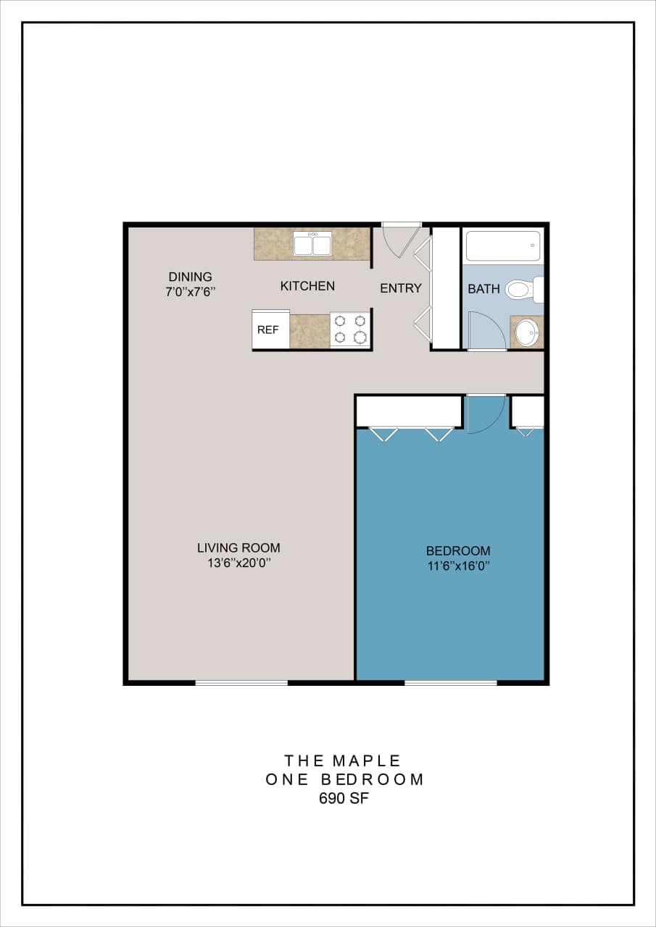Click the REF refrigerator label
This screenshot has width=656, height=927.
(268, 330)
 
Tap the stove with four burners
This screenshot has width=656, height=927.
(350, 330)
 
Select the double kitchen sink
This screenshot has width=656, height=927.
(312, 244)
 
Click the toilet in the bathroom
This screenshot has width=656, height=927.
(520, 290)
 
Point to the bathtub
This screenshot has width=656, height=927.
(503, 246)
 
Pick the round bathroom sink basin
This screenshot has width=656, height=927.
(527, 332)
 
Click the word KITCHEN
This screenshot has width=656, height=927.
(307, 286)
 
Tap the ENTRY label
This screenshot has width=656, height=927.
(401, 288)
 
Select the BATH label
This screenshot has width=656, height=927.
(483, 289)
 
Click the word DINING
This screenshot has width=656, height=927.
(191, 277)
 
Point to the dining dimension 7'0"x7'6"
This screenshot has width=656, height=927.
(191, 292)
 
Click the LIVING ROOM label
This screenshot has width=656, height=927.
(238, 548)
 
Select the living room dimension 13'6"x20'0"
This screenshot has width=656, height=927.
(238, 563)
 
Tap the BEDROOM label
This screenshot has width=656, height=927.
(458, 550)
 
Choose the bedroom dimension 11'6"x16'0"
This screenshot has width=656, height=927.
(458, 566)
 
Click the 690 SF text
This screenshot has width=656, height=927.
(344, 799)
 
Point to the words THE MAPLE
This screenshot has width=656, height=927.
(343, 760)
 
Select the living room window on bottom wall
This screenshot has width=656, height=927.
(241, 682)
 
